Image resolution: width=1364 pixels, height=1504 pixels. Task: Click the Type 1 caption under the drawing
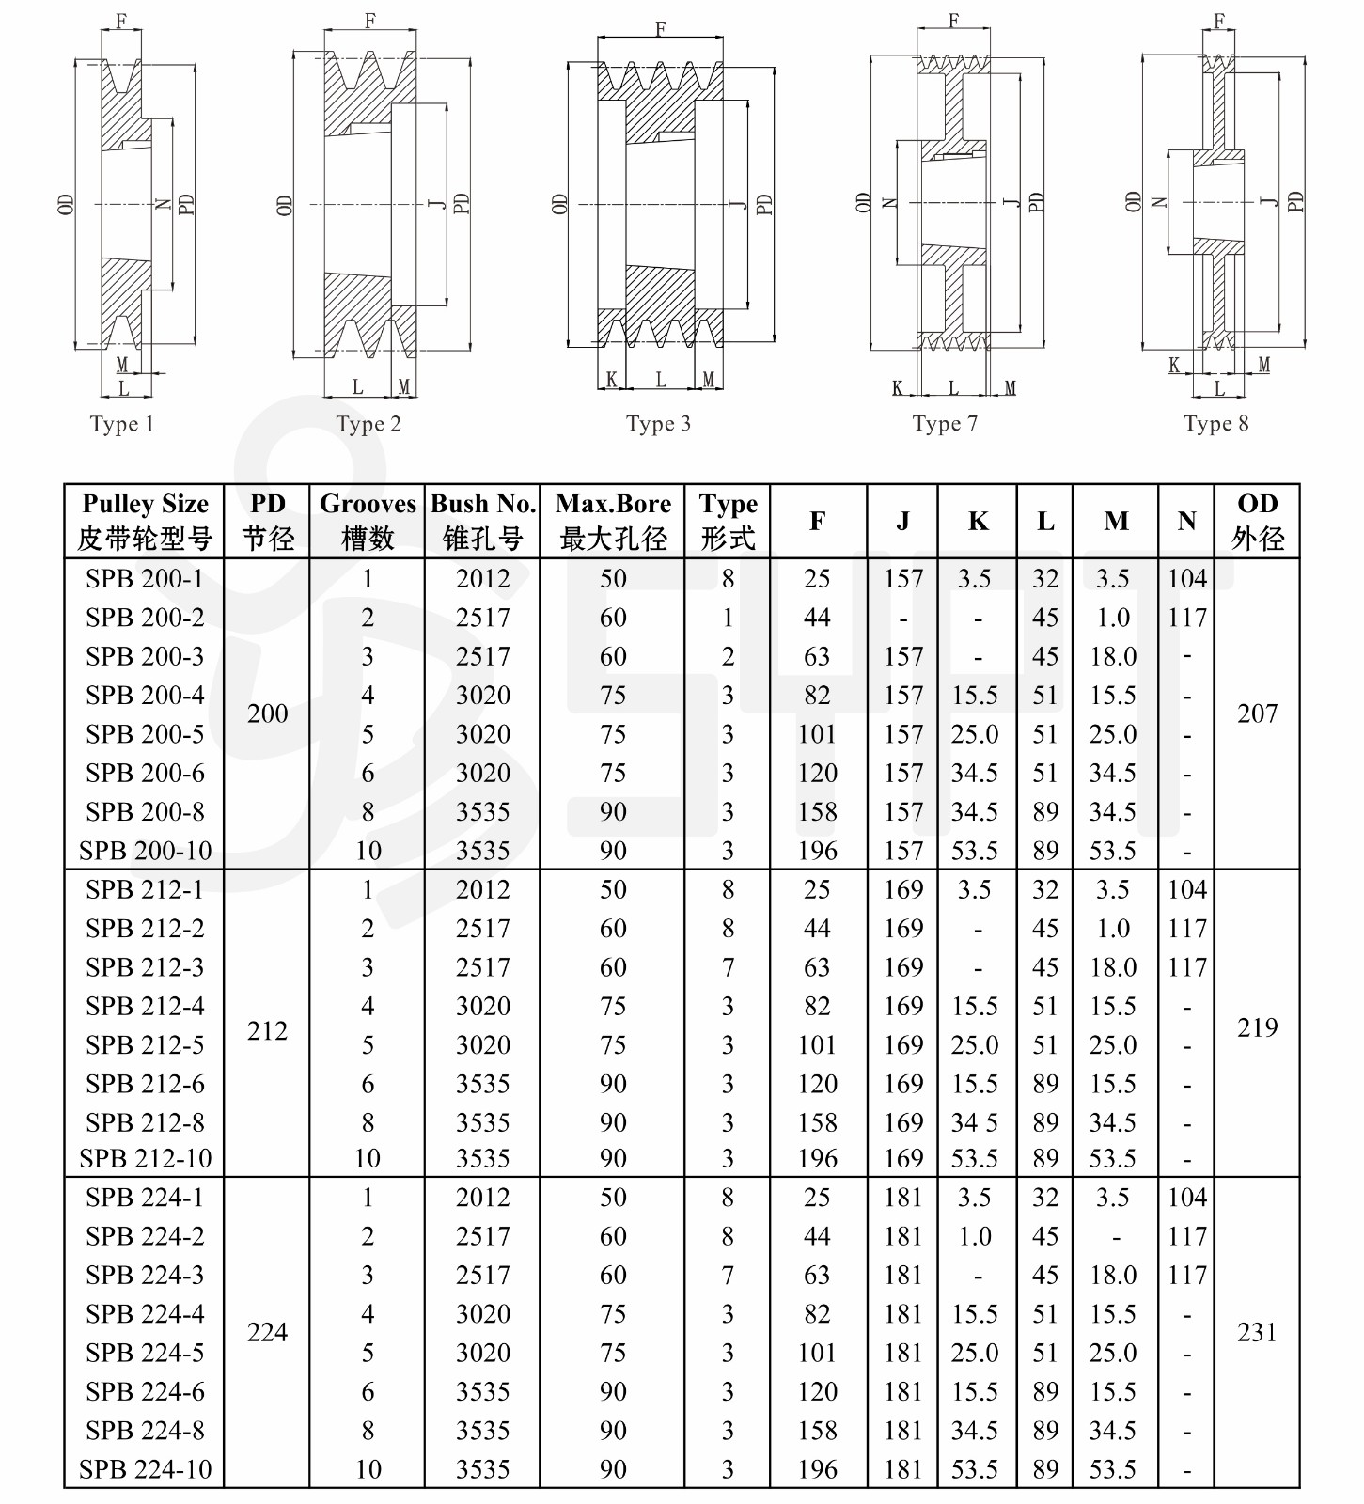tap(121, 424)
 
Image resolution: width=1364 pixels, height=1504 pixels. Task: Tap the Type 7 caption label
tap(945, 424)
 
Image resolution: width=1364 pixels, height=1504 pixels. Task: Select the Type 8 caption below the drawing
tap(1216, 423)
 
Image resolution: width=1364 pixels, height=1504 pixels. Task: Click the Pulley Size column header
tap(145, 521)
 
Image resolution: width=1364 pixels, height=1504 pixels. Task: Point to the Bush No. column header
tap(482, 521)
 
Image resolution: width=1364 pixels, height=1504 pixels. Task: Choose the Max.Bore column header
tap(613, 521)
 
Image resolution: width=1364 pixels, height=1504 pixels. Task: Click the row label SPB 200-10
tap(145, 851)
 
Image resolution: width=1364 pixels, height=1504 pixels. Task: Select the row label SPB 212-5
tap(145, 1044)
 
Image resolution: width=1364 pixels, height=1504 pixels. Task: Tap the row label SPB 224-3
tap(145, 1275)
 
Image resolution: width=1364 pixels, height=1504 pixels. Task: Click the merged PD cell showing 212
tap(267, 1031)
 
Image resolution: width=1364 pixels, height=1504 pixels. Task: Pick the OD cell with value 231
tap(1257, 1332)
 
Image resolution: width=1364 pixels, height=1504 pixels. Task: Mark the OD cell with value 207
tap(1257, 713)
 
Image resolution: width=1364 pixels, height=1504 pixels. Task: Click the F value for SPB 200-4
tap(817, 696)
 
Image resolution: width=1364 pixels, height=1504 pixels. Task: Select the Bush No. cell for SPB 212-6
tap(482, 1084)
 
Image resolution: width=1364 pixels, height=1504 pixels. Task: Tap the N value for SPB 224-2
tap(1187, 1236)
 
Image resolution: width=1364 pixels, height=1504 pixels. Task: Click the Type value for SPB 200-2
tap(728, 618)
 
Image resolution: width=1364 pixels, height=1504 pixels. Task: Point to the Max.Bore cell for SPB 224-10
tap(613, 1469)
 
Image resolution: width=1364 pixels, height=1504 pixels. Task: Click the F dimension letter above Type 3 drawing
tap(661, 29)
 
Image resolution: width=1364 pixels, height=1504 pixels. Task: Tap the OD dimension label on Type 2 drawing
tap(284, 205)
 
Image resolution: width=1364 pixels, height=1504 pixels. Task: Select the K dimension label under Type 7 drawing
tap(898, 388)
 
